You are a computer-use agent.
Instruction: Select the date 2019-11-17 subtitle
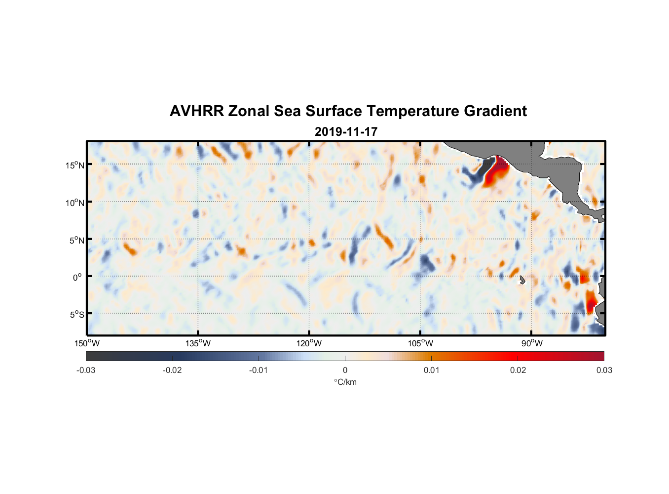tap(346, 132)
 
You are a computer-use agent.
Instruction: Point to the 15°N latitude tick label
tap(75, 165)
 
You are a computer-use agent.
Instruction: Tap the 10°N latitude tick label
tap(75, 203)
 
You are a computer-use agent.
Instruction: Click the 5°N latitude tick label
tap(76, 240)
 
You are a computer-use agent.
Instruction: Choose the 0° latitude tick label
tap(77, 278)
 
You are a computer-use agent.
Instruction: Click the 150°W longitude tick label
tap(87, 343)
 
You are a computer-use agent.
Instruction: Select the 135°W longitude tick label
tap(198, 343)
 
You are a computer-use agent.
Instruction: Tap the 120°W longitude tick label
tap(309, 343)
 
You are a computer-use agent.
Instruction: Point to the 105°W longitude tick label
tap(420, 343)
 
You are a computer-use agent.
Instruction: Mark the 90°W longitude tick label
tap(532, 343)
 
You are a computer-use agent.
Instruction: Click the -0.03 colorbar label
tap(86, 370)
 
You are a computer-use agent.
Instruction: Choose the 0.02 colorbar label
tap(518, 370)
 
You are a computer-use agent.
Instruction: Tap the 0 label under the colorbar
tap(345, 370)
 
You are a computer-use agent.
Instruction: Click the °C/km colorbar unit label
tap(345, 382)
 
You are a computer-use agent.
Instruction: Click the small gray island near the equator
tap(522, 280)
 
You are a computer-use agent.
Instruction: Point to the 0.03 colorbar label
tap(604, 370)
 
